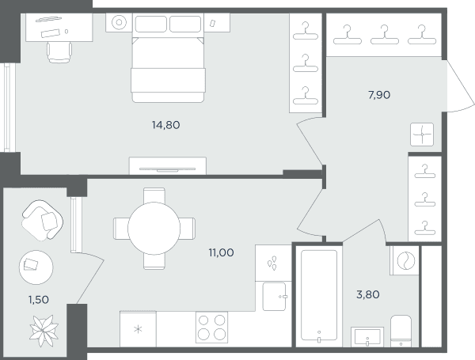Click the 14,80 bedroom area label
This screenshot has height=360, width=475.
pyautogui.click(x=165, y=125)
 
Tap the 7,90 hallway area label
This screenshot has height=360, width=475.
pyautogui.click(x=379, y=95)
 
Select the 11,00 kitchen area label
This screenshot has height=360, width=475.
pyautogui.click(x=221, y=252)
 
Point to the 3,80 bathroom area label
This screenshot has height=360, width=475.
pyautogui.click(x=368, y=294)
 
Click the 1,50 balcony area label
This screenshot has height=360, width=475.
pyautogui.click(x=39, y=300)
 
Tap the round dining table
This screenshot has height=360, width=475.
pyautogui.click(x=154, y=228)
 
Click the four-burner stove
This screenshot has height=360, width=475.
pyautogui.click(x=211, y=328)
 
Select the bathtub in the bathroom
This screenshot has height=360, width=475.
pyautogui.click(x=319, y=295)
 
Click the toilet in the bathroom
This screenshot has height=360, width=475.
pyautogui.click(x=401, y=332)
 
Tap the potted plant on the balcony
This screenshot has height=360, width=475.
pyautogui.click(x=44, y=331)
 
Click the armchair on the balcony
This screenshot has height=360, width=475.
pyautogui.click(x=43, y=221)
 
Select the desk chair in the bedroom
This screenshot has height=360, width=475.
pyautogui.click(x=59, y=52)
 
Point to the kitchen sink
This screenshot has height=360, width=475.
pyautogui.click(x=274, y=297)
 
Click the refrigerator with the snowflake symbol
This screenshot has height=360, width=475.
pyautogui.click(x=138, y=329)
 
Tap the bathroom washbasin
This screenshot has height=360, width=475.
pyautogui.click(x=367, y=337)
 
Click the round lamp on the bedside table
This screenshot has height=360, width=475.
pyautogui.click(x=119, y=22)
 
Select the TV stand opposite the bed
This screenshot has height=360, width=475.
pyautogui.click(x=168, y=165)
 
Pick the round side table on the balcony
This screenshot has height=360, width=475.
pyautogui.click(x=36, y=267)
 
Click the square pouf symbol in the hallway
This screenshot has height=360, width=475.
pyautogui.click(x=422, y=135)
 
